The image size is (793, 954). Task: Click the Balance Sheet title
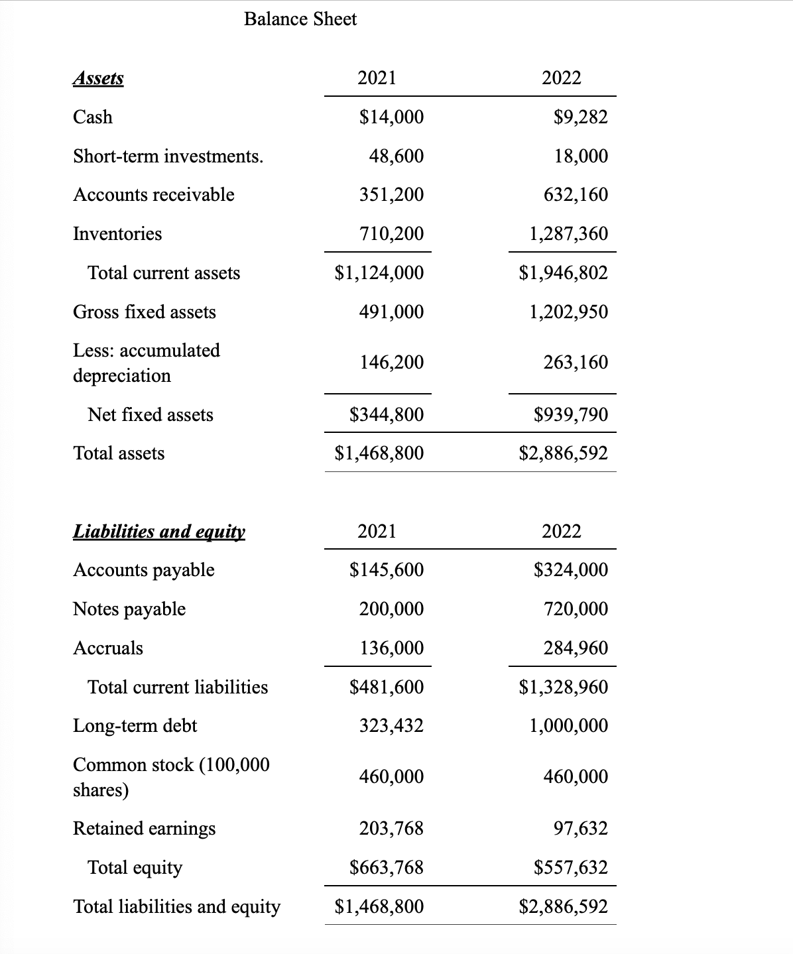pos(300,19)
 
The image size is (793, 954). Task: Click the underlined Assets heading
pos(98,78)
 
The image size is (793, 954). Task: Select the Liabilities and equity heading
pos(159,532)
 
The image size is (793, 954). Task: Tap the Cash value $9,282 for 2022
pos(580,117)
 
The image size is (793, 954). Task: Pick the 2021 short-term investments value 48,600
pos(396,156)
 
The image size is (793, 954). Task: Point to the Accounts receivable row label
pos(153,195)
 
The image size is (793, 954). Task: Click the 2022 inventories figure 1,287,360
pos(568,234)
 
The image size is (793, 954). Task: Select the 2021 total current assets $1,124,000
pos(379,273)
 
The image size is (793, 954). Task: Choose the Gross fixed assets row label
pos(145,312)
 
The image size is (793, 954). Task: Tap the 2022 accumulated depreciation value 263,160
pos(576,363)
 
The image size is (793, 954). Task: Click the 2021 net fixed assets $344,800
pos(387,415)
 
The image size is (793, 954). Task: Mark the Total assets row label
pos(119,453)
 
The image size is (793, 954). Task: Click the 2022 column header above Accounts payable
pos(562,532)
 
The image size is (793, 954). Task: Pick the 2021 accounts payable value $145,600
pos(387,570)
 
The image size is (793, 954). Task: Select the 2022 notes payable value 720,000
pos(576,609)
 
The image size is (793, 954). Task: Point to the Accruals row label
pos(108,648)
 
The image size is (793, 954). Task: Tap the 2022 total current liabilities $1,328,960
pos(564,687)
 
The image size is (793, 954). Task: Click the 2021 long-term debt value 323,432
pos(391,726)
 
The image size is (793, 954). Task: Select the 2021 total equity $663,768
pos(387,868)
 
